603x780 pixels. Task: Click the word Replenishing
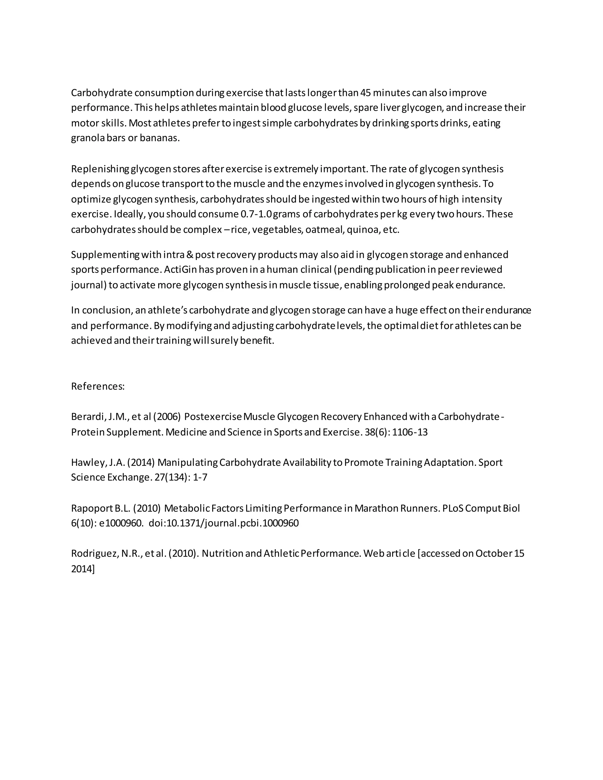100,169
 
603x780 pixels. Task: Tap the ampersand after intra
190,255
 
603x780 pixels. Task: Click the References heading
97,386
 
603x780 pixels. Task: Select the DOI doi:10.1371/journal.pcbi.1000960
224,524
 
